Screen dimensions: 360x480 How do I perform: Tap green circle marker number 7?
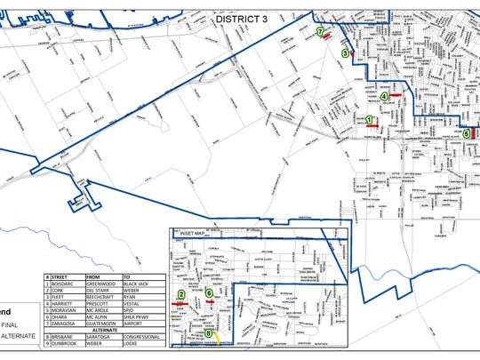(319, 31)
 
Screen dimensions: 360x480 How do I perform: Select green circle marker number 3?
(345, 53)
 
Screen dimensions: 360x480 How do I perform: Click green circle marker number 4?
(384, 97)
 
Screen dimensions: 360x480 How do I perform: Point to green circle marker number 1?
(369, 119)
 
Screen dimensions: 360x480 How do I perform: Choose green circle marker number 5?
(466, 133)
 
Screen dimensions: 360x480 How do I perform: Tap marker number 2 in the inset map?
(181, 294)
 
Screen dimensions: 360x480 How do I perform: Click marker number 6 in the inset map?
(209, 293)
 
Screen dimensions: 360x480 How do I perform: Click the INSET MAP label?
(193, 235)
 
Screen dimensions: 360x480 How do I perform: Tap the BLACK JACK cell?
(139, 276)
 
